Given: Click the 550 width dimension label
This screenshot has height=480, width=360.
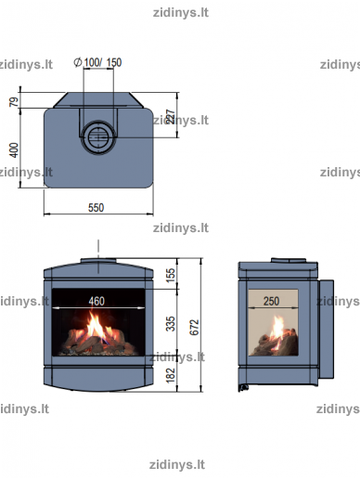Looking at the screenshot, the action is point(96,208).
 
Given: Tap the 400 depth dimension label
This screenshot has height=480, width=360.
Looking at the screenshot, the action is point(14,150).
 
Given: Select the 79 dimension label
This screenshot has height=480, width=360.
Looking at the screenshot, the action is point(14,102).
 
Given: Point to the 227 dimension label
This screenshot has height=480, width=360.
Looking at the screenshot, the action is point(171,117).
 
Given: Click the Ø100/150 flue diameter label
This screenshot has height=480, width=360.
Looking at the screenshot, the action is point(97,62).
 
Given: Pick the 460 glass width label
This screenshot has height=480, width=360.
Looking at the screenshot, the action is point(96,301).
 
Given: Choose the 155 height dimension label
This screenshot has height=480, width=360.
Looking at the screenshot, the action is point(171,275).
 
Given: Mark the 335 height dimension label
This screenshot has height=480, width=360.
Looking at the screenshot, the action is point(171,324).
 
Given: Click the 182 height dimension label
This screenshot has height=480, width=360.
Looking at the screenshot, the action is point(171,375).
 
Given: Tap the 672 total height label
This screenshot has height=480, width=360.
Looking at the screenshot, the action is point(194,328).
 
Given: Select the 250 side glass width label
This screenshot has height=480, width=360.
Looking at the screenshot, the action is point(271,301).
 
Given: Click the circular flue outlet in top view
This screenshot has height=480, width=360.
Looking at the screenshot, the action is point(98,136).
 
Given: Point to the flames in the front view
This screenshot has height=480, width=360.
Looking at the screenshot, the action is point(96,327).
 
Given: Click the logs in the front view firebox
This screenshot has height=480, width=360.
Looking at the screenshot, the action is point(98,342).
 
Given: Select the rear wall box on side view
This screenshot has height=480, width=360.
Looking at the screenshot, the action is point(326,330).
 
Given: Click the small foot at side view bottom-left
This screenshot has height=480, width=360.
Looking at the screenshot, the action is point(243,388).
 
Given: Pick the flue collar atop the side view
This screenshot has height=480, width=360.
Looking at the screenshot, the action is point(289,260).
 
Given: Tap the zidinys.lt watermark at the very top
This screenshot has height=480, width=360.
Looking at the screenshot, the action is point(181,13).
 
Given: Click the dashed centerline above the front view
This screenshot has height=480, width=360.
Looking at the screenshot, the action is point(98,256).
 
